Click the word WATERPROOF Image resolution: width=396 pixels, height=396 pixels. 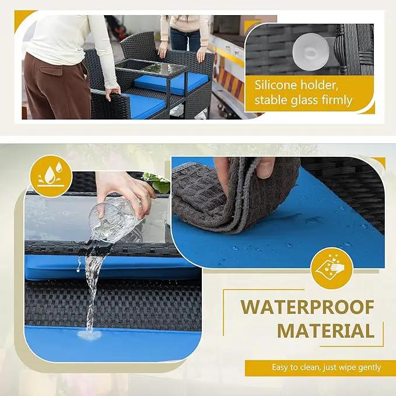pyautogui.click(x=307, y=307)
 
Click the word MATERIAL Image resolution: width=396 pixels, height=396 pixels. pyautogui.click(x=326, y=331)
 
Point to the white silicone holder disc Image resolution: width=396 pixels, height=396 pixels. pyautogui.click(x=311, y=52)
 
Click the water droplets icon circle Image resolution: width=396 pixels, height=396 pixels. pyautogui.click(x=51, y=176)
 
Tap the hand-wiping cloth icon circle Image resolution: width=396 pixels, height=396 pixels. pyautogui.click(x=332, y=268)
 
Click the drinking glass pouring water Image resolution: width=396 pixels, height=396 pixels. pyautogui.click(x=114, y=219)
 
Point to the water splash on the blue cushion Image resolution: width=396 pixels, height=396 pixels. pyautogui.click(x=89, y=334)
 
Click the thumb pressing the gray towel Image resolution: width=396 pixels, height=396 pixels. pyautogui.click(x=265, y=168)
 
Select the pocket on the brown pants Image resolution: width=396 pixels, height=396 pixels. pyautogui.click(x=51, y=70)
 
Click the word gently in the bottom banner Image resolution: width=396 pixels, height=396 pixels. pyautogui.click(x=370, y=368)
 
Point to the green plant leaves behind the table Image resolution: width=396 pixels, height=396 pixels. pyautogui.click(x=157, y=183)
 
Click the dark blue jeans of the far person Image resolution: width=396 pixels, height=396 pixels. pyautogui.click(x=185, y=40)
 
